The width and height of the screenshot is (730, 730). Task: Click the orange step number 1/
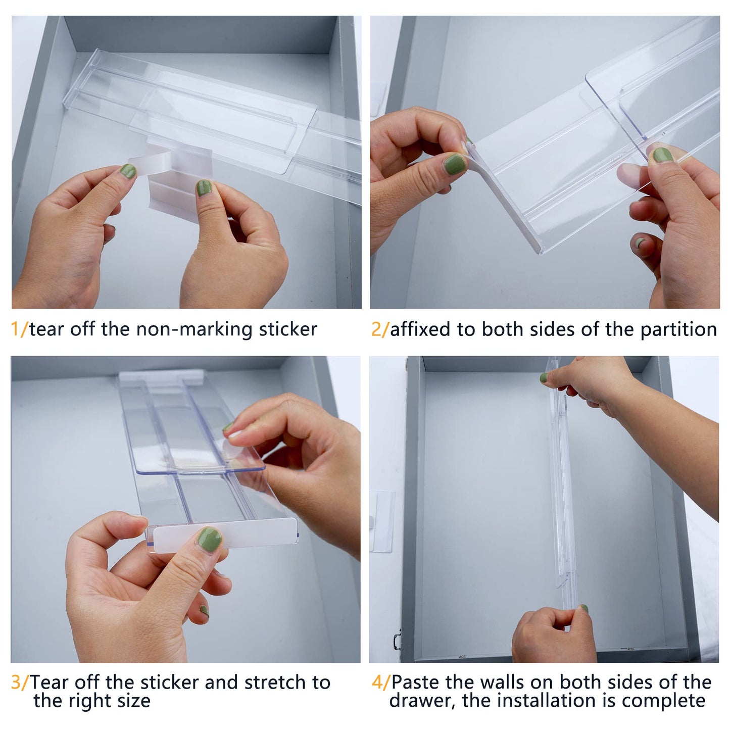coord(19,329)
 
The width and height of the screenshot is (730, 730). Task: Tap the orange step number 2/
coord(380,329)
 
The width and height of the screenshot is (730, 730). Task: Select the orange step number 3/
coord(20,682)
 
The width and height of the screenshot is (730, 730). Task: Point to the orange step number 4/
coord(380,682)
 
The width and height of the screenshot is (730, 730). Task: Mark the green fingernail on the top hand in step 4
coord(544,377)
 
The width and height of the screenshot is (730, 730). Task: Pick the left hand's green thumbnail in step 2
coord(454,164)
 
